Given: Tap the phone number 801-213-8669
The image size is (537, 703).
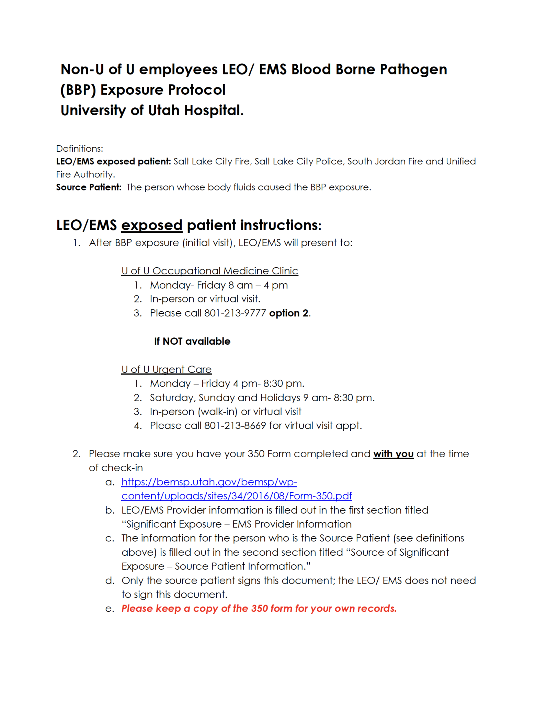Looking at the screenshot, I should pyautogui.click(x=235, y=426).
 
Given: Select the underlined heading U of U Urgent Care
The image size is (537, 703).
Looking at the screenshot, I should pyautogui.click(x=167, y=369).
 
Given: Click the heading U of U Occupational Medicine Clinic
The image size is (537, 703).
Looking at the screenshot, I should pyautogui.click(x=209, y=271).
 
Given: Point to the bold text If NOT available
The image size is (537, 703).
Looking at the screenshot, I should pyautogui.click(x=192, y=341).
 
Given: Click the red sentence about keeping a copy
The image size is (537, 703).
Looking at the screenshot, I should pyautogui.click(x=259, y=609).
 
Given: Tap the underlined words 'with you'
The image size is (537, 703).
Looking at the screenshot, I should pyautogui.click(x=393, y=454).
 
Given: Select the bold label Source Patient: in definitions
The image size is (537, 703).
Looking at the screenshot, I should pyautogui.click(x=89, y=187).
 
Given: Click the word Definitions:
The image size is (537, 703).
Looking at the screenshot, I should pyautogui.click(x=80, y=149).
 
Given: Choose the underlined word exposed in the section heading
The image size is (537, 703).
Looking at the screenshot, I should pyautogui.click(x=151, y=226).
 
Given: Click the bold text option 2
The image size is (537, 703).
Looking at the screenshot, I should pyautogui.click(x=289, y=313).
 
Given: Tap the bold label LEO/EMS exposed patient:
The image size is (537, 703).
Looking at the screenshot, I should pyautogui.click(x=113, y=161).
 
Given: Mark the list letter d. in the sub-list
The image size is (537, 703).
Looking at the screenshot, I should pyautogui.click(x=110, y=580).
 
